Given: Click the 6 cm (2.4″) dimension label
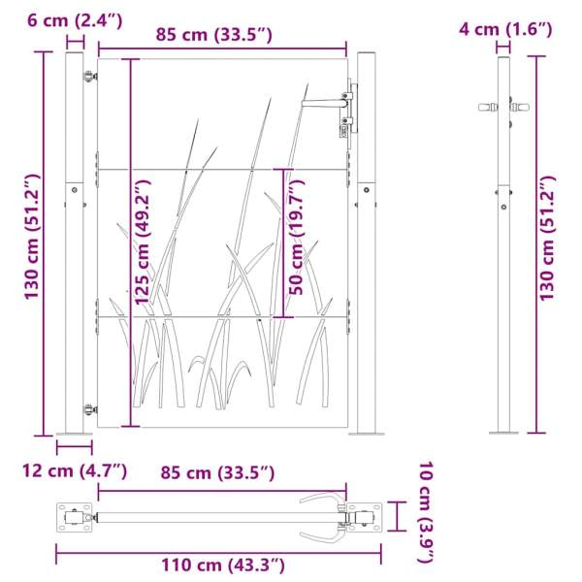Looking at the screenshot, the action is pos(75,20).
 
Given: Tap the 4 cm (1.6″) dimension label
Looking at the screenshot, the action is pos(505,29).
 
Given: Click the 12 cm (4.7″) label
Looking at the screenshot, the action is pos(75,471).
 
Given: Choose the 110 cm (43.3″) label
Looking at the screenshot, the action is pos(223,566).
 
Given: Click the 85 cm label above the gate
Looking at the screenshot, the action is pos(213,35).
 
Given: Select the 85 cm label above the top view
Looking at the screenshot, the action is pos(217,473).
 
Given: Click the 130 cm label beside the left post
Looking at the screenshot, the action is pos(32,237).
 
